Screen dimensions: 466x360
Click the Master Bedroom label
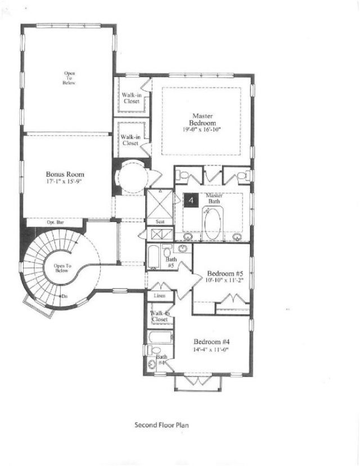click(x=201, y=119)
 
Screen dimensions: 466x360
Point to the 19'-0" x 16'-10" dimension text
click(x=201, y=129)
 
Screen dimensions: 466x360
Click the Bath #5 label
click(x=172, y=262)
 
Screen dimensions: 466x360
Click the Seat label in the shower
click(x=160, y=223)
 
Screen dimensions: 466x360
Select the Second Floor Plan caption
click(x=161, y=425)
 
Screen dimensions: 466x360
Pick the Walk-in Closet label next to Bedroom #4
click(x=160, y=316)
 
